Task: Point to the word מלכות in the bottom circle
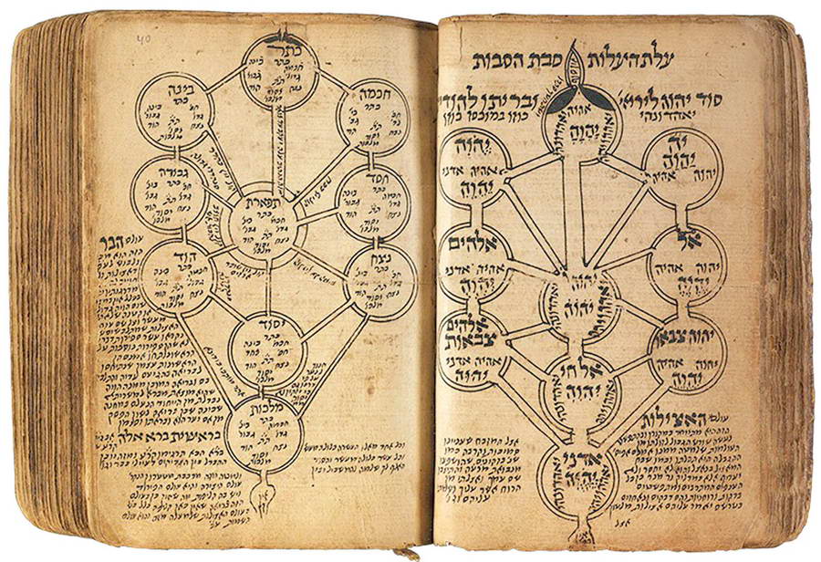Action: tap(259, 408)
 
